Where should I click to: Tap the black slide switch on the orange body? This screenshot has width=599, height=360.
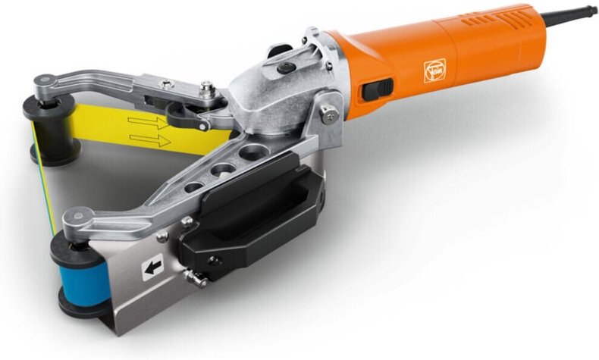[x=378, y=89]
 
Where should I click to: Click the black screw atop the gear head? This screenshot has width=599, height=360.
[x=287, y=68]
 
